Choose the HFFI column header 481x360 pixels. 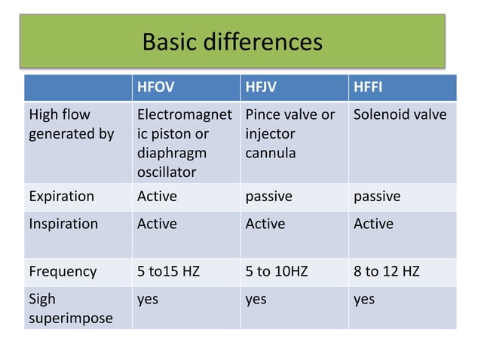point(368,88)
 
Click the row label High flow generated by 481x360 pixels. point(71,125)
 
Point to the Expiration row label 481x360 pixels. point(61,197)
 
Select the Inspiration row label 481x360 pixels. point(63,224)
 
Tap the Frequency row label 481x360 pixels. point(63,271)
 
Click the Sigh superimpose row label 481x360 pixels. point(71,309)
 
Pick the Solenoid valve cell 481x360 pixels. point(400,115)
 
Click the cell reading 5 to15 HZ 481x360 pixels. point(168,271)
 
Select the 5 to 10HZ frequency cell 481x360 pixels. point(277,271)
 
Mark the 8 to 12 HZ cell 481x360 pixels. point(388,271)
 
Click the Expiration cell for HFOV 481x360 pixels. point(157,197)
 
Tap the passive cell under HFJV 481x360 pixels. point(268,197)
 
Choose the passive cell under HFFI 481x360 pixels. point(377,197)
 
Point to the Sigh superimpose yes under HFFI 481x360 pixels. point(364,300)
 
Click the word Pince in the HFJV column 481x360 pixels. point(262,115)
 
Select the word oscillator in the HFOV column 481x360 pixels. point(167,172)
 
